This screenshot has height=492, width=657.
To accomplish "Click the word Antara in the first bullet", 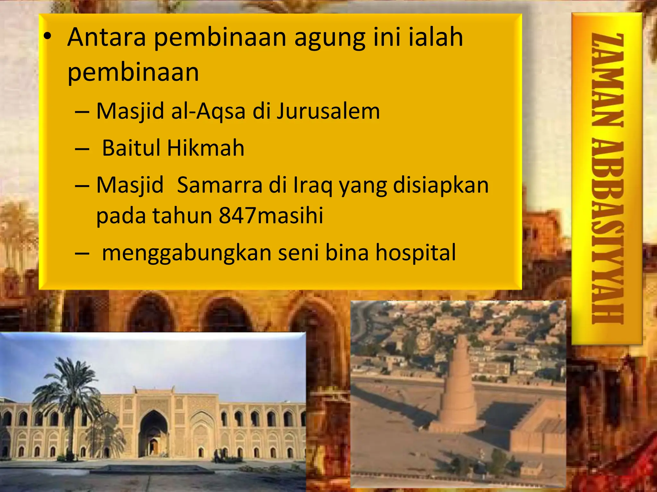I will click(107, 37).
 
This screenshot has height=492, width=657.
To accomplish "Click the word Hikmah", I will click(206, 148).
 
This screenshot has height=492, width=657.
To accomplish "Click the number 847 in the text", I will click(238, 216).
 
